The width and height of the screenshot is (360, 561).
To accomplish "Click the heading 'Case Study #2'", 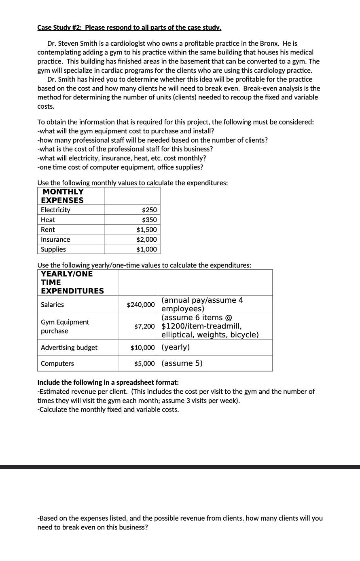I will point(129,27).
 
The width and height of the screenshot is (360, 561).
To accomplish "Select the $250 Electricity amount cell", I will point(149,210).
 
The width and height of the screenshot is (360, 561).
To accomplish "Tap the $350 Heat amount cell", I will point(149,220).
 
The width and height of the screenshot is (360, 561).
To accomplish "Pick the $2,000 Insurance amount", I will point(146,239).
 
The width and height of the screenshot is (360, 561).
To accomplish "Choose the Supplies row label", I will point(53,249).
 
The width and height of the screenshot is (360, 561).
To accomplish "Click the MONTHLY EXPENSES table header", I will point(63,196).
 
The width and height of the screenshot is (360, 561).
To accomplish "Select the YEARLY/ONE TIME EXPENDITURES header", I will point(72,283).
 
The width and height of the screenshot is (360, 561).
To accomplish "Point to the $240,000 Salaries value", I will point(140,304).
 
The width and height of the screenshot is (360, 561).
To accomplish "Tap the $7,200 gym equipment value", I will point(144,326).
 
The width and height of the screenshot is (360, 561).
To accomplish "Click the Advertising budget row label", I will point(69,348).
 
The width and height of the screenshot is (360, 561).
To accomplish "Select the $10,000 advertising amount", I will point(142,348).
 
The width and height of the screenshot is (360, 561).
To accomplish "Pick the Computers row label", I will point(57,363).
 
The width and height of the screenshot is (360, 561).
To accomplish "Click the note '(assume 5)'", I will point(182,363).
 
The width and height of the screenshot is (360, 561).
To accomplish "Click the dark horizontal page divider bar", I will point(180,467).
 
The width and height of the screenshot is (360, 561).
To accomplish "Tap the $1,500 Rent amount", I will point(146,230).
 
